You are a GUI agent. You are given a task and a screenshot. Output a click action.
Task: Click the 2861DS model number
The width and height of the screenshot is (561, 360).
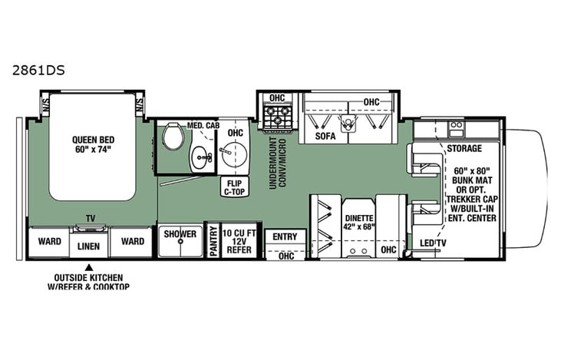(38, 68)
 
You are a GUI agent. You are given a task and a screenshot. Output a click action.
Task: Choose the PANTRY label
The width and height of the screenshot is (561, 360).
(213, 243)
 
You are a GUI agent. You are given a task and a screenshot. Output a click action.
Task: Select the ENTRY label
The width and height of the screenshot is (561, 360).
(285, 236)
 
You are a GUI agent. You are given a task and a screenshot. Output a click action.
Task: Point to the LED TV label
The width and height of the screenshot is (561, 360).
(434, 244)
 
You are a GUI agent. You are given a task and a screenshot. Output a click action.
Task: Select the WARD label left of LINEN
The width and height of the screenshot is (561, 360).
(50, 240)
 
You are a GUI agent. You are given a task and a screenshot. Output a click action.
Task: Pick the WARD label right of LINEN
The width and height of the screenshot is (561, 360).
(132, 240)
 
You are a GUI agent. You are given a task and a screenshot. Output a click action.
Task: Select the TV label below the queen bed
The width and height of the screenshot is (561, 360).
(90, 218)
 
